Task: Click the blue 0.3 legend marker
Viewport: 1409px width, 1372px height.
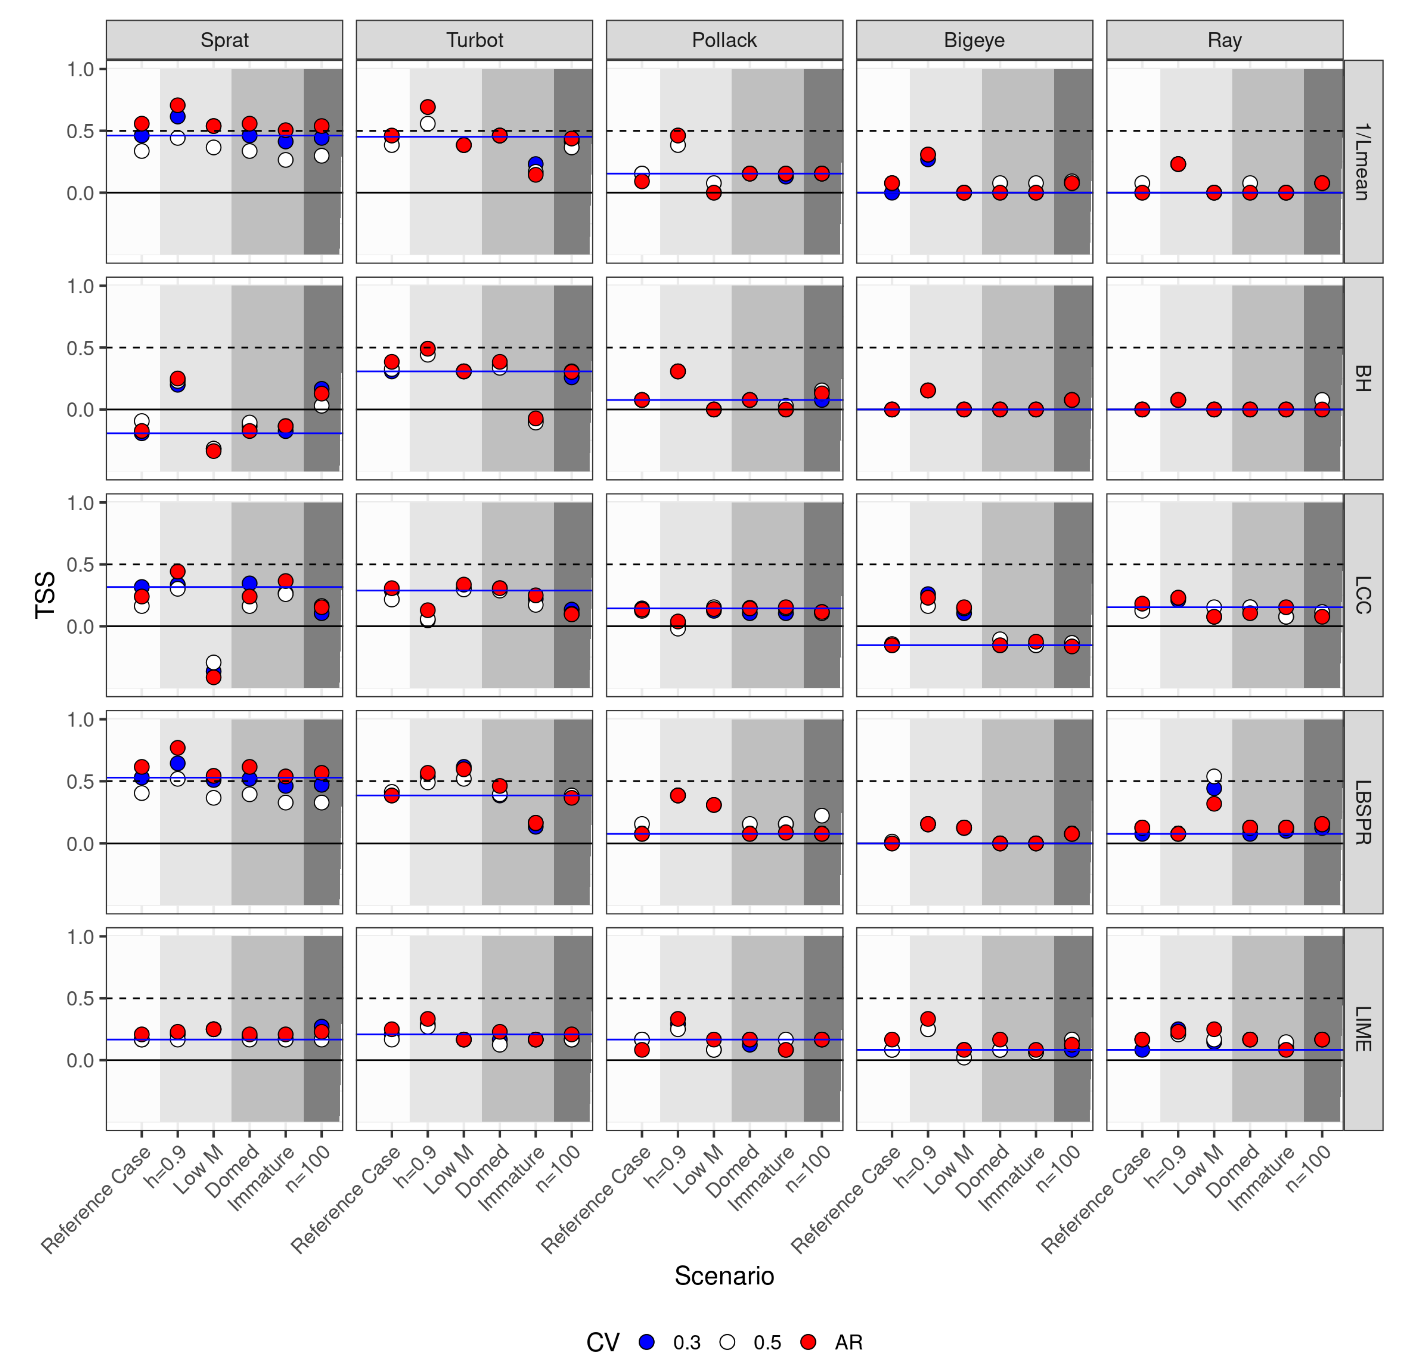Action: click(647, 1342)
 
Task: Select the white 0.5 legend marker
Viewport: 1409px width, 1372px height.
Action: click(727, 1342)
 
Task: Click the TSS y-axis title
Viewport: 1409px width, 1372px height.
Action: click(45, 595)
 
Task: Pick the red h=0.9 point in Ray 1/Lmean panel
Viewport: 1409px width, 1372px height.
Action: click(1178, 164)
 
